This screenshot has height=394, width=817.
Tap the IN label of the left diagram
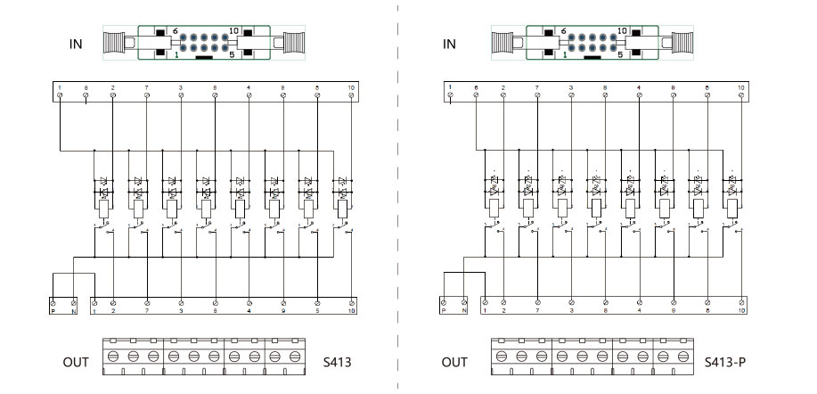coord(77,43)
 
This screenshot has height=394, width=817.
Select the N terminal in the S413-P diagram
coord(464,303)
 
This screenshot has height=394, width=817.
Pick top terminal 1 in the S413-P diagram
coord(452,94)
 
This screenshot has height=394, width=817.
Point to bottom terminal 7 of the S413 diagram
coord(147,303)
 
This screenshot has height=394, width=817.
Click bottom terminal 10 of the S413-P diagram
coord(740,303)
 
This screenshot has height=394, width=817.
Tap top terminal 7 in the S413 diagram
coord(147,94)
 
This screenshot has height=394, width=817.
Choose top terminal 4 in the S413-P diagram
coord(639,94)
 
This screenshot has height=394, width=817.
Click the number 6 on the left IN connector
coord(175,30)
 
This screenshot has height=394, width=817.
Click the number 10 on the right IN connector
coord(622,30)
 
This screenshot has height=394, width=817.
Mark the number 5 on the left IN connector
coord(232,54)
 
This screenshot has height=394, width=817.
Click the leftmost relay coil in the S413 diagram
coord(103,209)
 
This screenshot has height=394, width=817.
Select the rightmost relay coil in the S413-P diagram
coord(731,209)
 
